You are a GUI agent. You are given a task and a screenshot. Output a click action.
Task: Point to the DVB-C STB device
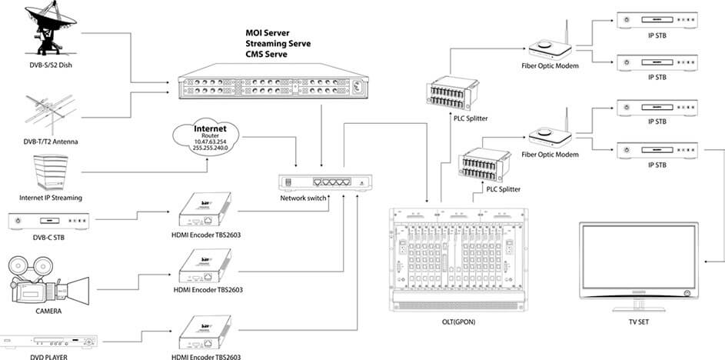pyautogui.click(x=47, y=222)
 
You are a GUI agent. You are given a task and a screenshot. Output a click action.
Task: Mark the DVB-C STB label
pyautogui.click(x=47, y=239)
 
